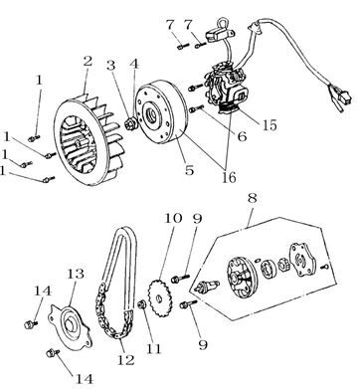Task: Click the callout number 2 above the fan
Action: tap(88, 62)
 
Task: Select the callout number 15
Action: tap(270, 125)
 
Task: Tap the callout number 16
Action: tap(229, 177)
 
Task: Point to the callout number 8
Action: tap(252, 198)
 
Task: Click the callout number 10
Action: tap(173, 218)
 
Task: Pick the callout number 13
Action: tap(76, 274)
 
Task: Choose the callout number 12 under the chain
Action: tap(126, 360)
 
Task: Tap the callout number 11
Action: tap(153, 349)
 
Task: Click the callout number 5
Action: tap(189, 170)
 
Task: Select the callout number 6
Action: tap(242, 136)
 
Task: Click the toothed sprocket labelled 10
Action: tap(159, 298)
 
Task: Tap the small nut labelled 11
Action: tap(142, 304)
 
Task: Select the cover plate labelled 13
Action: tap(70, 326)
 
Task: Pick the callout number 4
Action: tap(134, 64)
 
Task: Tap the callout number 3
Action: tap(111, 65)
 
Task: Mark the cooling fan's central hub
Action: tap(79, 144)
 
